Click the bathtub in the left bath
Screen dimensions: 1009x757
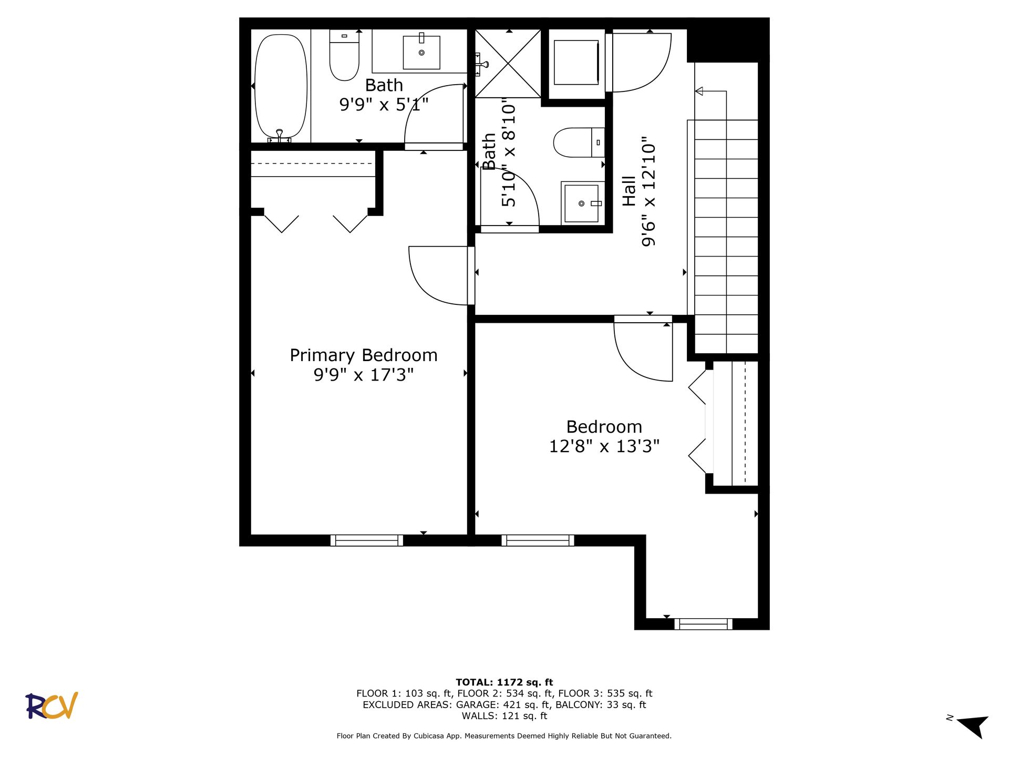click(281, 87)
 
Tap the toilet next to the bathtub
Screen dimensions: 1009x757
click(344, 55)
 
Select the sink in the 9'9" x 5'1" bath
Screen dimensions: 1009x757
click(421, 52)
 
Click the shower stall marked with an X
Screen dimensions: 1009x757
click(508, 64)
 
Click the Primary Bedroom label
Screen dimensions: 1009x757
click(364, 355)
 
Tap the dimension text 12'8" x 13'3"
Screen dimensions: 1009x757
click(604, 446)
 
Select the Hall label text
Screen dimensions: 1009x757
click(629, 191)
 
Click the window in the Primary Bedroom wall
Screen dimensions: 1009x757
click(367, 540)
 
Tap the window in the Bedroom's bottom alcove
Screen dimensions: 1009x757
click(703, 624)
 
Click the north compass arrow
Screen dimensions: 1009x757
click(973, 726)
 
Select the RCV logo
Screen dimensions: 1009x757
click(52, 705)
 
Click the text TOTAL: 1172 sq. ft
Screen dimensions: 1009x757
click(504, 682)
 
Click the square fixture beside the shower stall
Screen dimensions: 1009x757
click(576, 63)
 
